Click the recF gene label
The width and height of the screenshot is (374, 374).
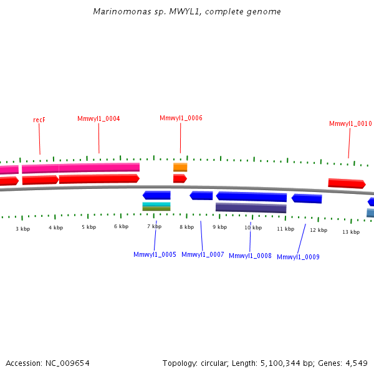39,120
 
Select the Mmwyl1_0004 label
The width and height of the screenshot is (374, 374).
98,118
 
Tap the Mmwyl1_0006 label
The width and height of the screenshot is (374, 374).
181,118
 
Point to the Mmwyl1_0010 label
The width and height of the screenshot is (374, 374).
350,123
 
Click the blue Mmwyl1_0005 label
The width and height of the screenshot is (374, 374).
155,254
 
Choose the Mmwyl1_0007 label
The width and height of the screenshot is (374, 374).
203,254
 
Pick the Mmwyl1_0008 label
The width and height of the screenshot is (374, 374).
250,256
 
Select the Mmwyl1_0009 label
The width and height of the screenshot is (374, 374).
298,257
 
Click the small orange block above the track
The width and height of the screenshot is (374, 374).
180,167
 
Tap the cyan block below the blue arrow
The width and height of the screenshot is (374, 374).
156,204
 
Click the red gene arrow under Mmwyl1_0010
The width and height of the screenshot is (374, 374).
347,183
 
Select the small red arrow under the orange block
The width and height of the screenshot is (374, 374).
180,179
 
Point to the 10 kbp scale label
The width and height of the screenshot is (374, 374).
252,228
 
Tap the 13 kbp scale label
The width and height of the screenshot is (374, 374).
351,232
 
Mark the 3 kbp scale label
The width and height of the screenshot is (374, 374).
22,229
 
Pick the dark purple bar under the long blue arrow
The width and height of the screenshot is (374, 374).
251,208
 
